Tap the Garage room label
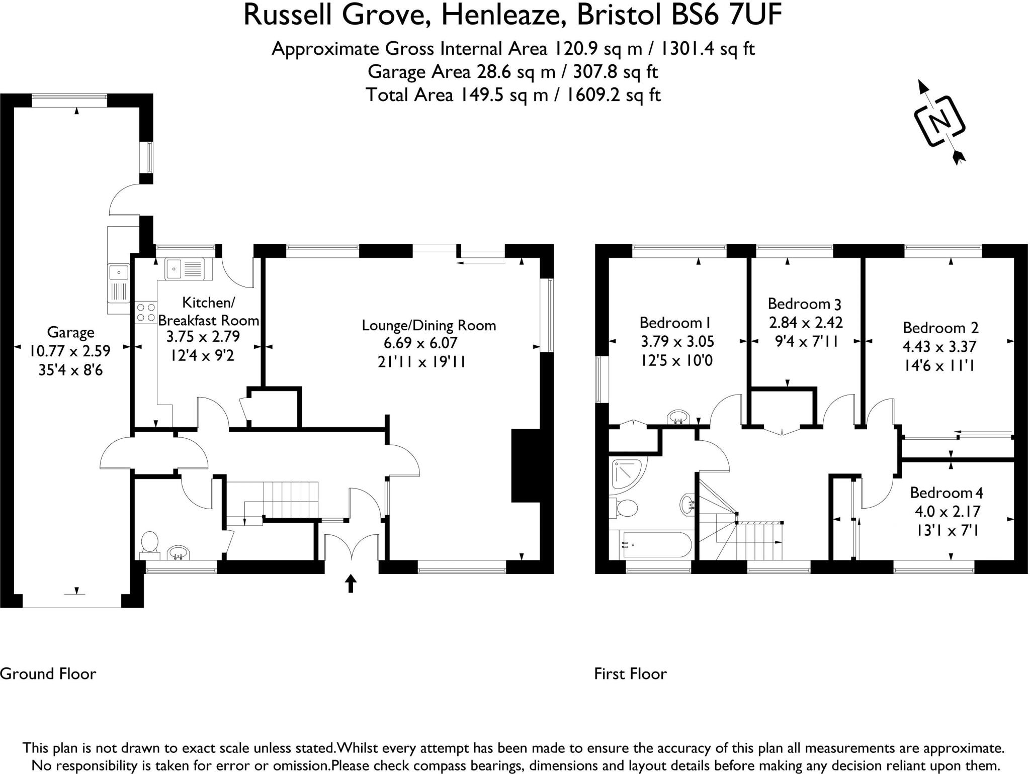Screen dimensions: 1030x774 (70, 332)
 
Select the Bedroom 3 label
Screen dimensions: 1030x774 (804, 304)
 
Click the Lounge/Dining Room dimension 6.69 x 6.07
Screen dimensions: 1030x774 (420, 343)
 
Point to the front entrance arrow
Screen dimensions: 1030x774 (351, 584)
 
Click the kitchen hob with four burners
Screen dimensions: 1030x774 (146, 312)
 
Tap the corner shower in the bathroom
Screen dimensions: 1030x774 (625, 475)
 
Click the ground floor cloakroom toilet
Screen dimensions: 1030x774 (149, 544)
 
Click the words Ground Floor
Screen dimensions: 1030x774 (48, 673)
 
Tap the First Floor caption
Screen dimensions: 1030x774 (630, 673)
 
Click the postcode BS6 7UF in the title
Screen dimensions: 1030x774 (726, 15)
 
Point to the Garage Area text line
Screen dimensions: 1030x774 (512, 72)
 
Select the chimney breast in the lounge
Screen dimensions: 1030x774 (525, 465)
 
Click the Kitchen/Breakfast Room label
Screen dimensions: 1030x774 (208, 311)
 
